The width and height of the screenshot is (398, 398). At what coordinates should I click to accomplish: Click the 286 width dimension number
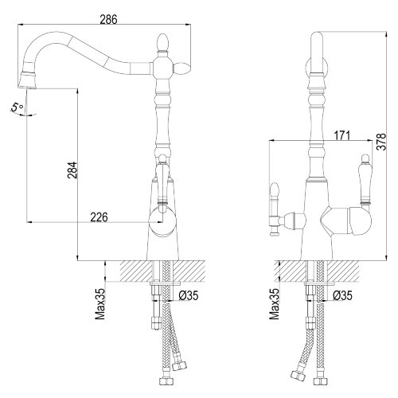(x=108, y=19)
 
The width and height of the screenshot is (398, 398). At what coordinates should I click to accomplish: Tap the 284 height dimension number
(x=72, y=170)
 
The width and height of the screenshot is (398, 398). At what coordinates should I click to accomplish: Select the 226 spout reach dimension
(x=99, y=217)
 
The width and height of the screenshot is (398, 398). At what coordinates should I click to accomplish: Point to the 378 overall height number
(x=381, y=142)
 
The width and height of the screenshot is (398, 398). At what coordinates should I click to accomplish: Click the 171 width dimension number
(x=341, y=135)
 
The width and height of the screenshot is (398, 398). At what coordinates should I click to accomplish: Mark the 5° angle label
(x=18, y=107)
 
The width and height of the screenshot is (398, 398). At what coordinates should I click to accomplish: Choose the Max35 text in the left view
(x=100, y=303)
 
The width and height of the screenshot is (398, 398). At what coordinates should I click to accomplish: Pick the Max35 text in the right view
(x=274, y=303)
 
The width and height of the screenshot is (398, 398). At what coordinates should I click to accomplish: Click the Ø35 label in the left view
(x=189, y=295)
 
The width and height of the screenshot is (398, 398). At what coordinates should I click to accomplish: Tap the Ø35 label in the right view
(x=342, y=295)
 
